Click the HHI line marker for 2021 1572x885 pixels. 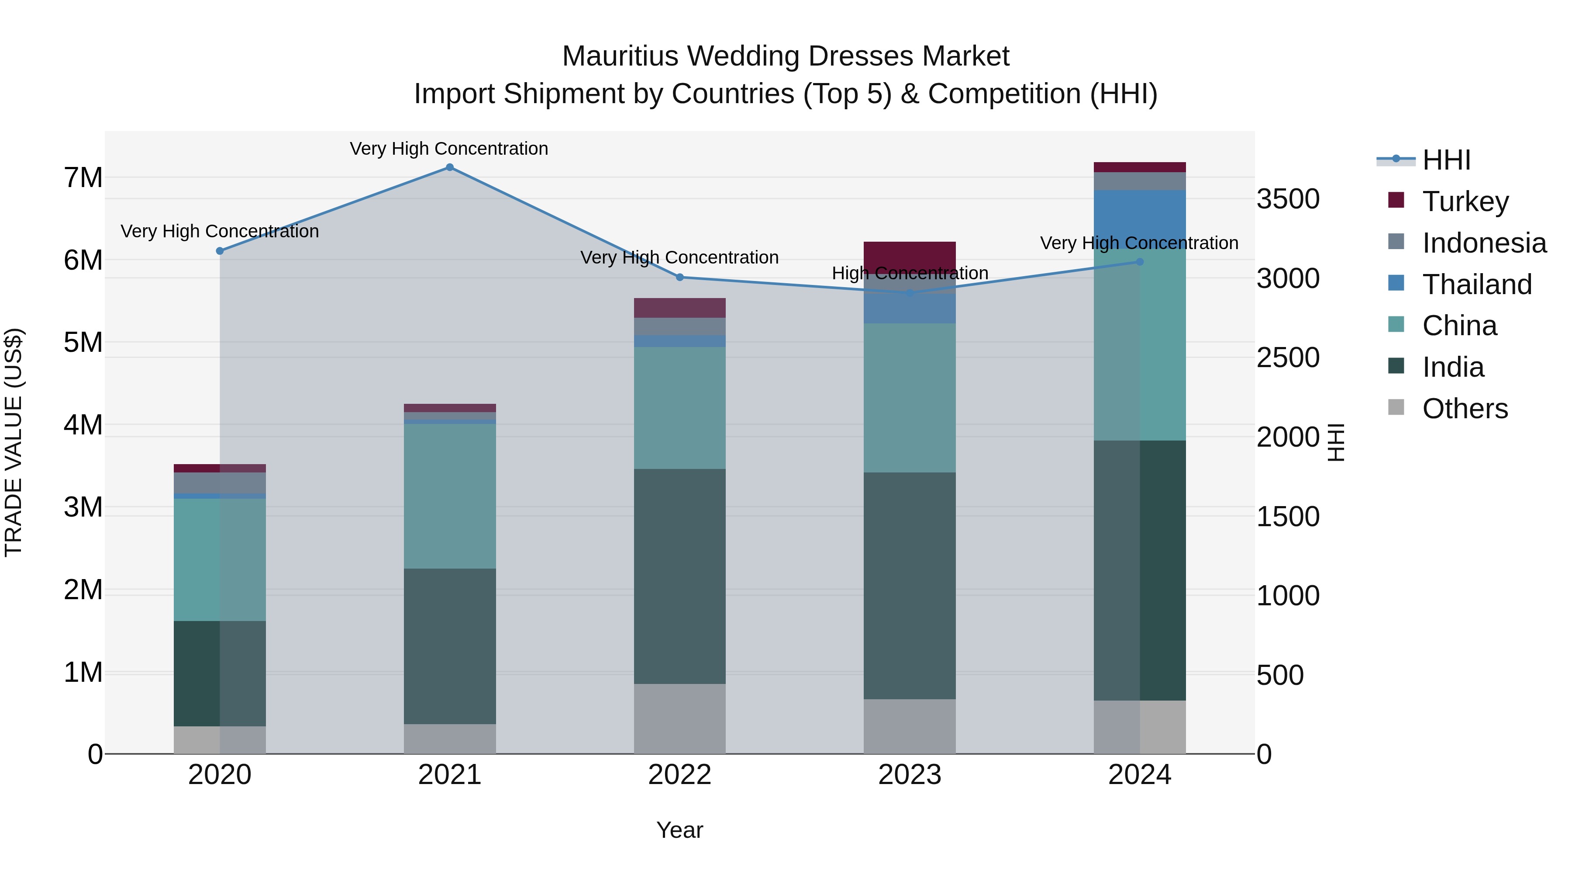(449, 167)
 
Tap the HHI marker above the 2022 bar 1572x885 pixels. (680, 277)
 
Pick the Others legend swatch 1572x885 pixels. (1396, 407)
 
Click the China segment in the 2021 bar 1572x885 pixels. (449, 496)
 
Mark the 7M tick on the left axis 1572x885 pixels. (83, 178)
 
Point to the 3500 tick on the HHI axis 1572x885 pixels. (1288, 199)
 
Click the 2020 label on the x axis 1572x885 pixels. (220, 775)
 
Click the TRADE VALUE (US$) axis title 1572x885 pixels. (14, 442)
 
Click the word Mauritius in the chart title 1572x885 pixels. (620, 56)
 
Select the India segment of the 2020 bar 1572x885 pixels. (220, 673)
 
